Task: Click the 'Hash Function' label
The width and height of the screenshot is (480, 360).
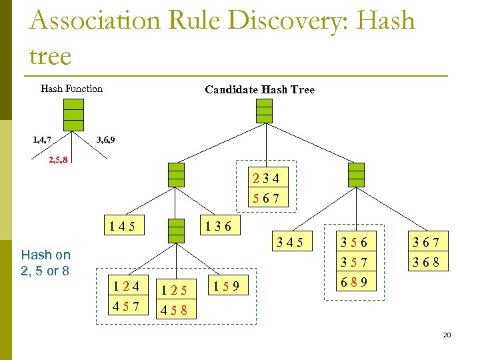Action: [x=71, y=89]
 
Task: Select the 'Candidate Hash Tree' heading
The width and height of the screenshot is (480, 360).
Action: [x=259, y=89]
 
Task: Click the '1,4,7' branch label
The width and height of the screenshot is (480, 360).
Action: [x=43, y=140]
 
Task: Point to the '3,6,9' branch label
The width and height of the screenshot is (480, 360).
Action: [x=105, y=140]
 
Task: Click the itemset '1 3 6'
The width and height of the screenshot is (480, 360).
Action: [x=219, y=226]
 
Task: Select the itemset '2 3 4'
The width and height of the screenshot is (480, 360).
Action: [x=266, y=178]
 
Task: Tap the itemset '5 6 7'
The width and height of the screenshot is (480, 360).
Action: [x=266, y=199]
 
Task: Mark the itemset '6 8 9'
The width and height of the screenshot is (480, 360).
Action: [x=354, y=281]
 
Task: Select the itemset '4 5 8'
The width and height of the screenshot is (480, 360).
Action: [x=173, y=310]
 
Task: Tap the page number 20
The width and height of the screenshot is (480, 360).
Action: [x=447, y=335]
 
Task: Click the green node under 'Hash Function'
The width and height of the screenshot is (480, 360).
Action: [x=74, y=115]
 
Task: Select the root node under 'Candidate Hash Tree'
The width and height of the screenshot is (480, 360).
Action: [x=265, y=111]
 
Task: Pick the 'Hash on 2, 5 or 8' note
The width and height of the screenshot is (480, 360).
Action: [x=45, y=263]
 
